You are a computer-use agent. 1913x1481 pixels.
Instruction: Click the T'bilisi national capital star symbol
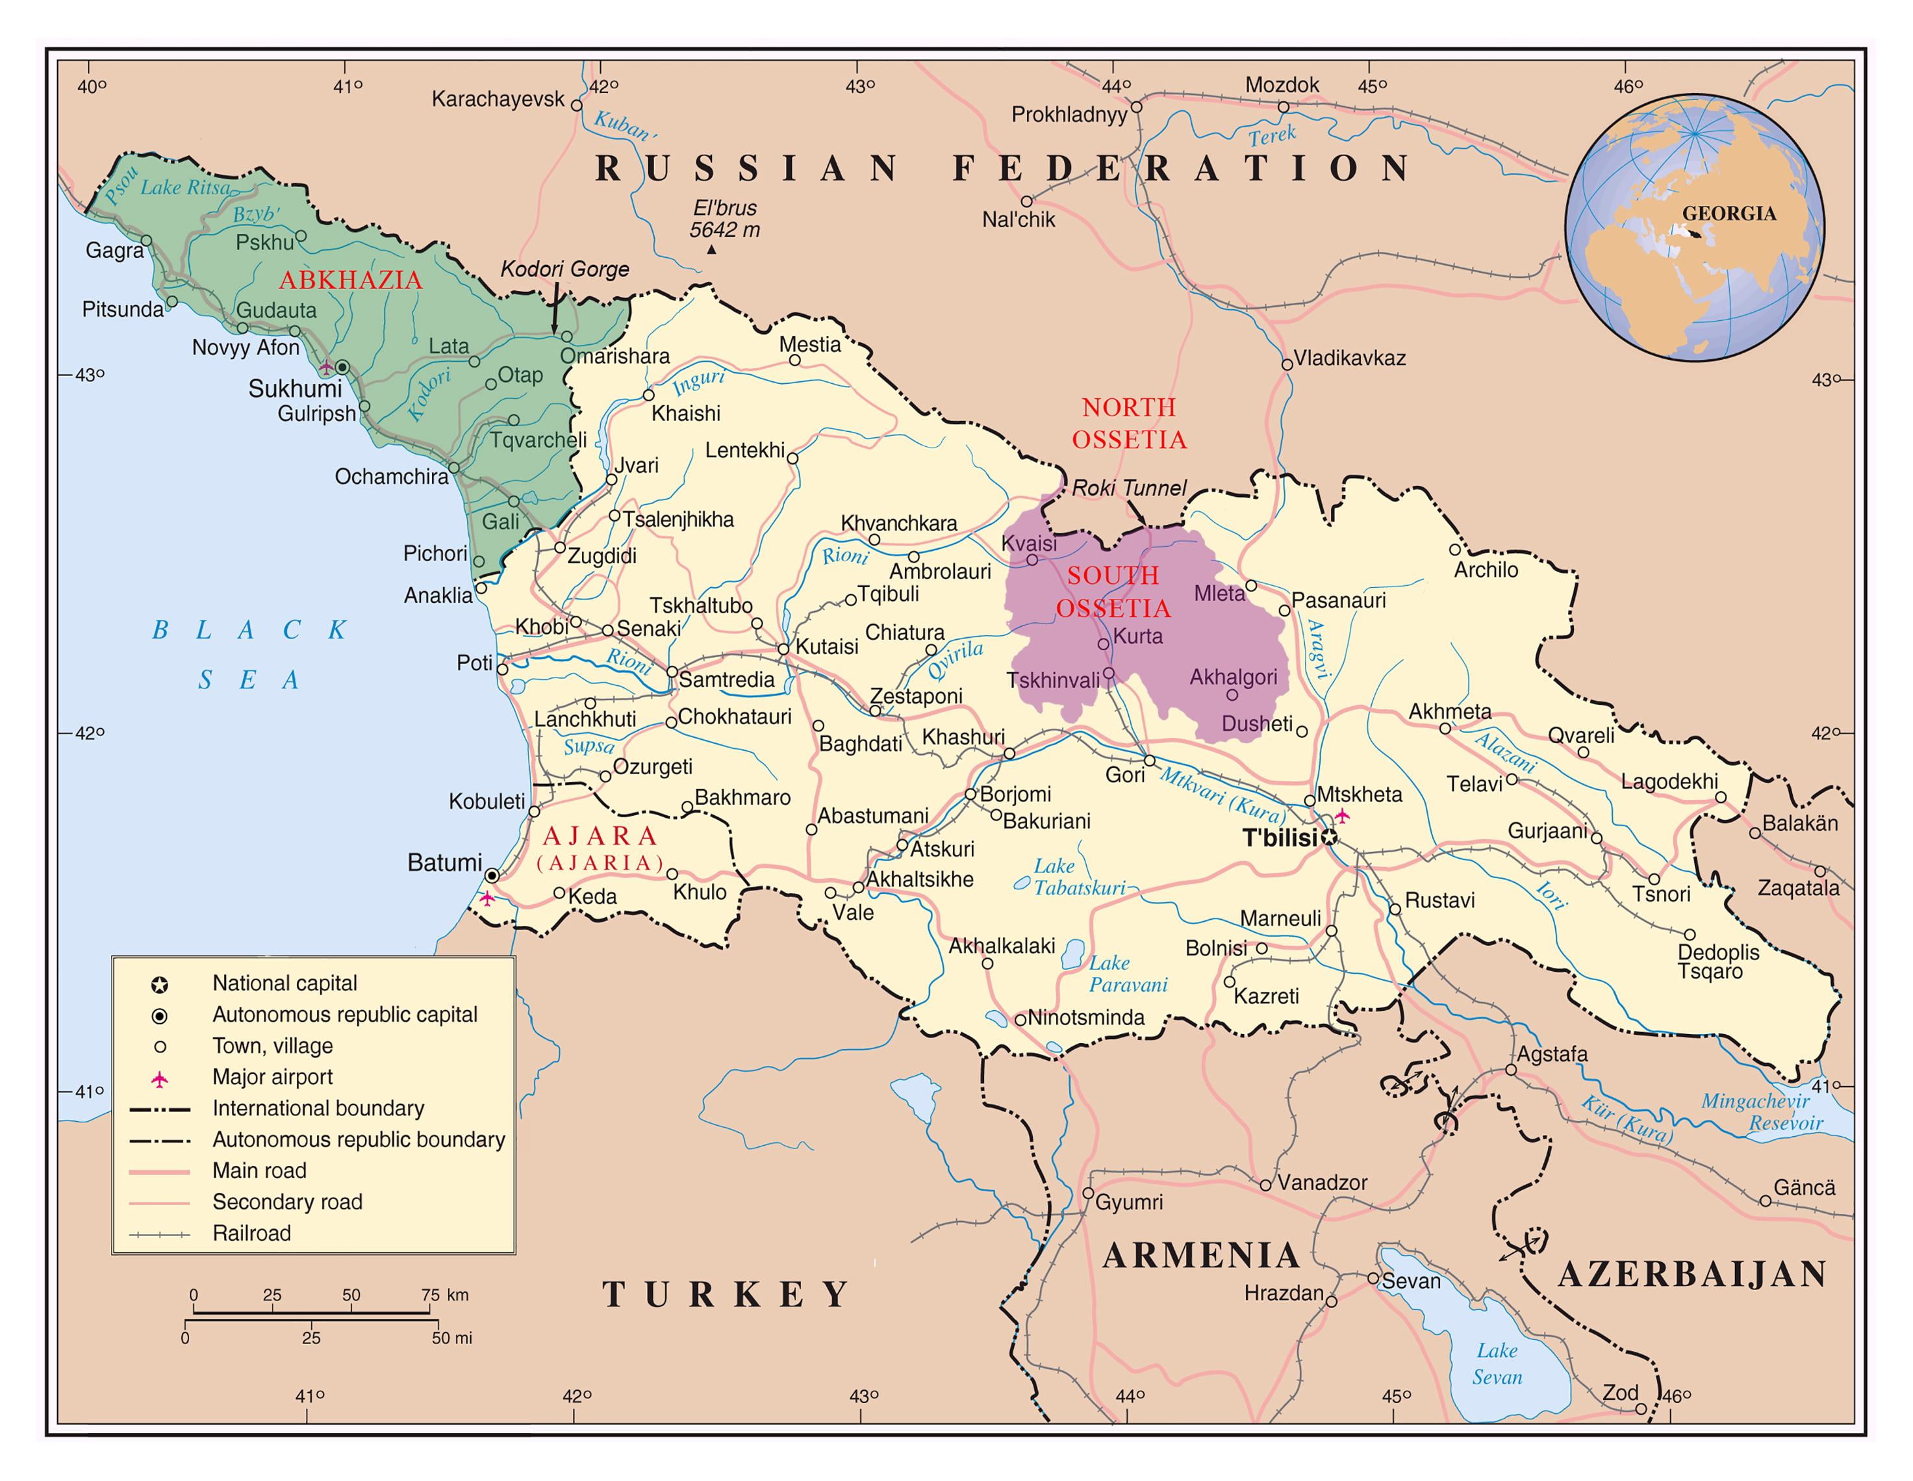tap(1329, 838)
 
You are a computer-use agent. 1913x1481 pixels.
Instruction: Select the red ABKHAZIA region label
tap(350, 280)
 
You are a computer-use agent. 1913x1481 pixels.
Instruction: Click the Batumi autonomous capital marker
tap(492, 875)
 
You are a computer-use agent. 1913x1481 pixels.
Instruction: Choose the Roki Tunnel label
tap(1129, 488)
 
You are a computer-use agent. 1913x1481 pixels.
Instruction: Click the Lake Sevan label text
tap(1497, 1363)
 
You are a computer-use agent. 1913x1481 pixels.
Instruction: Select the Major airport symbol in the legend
tap(159, 1079)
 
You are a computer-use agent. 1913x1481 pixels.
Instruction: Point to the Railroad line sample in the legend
tap(159, 1235)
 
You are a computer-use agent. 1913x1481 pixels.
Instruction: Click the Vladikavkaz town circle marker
tap(1287, 364)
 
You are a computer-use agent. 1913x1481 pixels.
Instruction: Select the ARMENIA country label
tap(1201, 1256)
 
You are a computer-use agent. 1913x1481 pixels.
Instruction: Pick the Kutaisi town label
tap(826, 647)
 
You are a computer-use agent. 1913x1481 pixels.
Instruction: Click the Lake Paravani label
tap(1127, 974)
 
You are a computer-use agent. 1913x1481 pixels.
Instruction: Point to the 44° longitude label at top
tap(1116, 86)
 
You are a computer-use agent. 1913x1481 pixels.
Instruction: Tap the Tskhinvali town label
tap(1053, 681)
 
